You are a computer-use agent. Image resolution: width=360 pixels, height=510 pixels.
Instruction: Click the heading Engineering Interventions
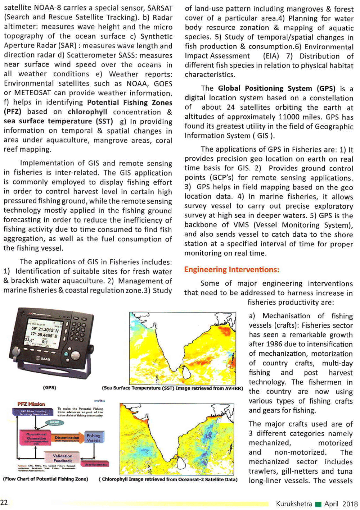click(x=231, y=269)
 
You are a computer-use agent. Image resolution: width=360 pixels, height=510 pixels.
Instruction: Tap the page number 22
click(x=4, y=502)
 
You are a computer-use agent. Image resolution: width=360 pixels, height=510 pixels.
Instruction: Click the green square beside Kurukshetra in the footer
click(x=318, y=504)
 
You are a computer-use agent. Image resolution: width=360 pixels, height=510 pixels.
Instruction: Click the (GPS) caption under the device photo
click(x=49, y=388)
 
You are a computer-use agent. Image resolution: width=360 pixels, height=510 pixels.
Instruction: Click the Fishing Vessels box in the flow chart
click(x=93, y=437)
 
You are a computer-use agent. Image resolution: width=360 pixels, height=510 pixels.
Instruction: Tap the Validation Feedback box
click(x=62, y=458)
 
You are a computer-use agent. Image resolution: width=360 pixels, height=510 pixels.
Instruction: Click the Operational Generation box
click(x=36, y=437)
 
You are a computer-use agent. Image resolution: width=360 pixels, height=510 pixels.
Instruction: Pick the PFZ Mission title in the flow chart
click(x=31, y=404)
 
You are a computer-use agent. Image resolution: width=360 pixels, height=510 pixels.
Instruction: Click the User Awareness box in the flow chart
click(x=95, y=464)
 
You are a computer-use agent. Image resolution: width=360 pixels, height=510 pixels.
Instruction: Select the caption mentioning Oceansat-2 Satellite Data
click(x=168, y=479)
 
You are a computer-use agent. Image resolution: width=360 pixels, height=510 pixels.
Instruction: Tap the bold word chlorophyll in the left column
click(x=87, y=111)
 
